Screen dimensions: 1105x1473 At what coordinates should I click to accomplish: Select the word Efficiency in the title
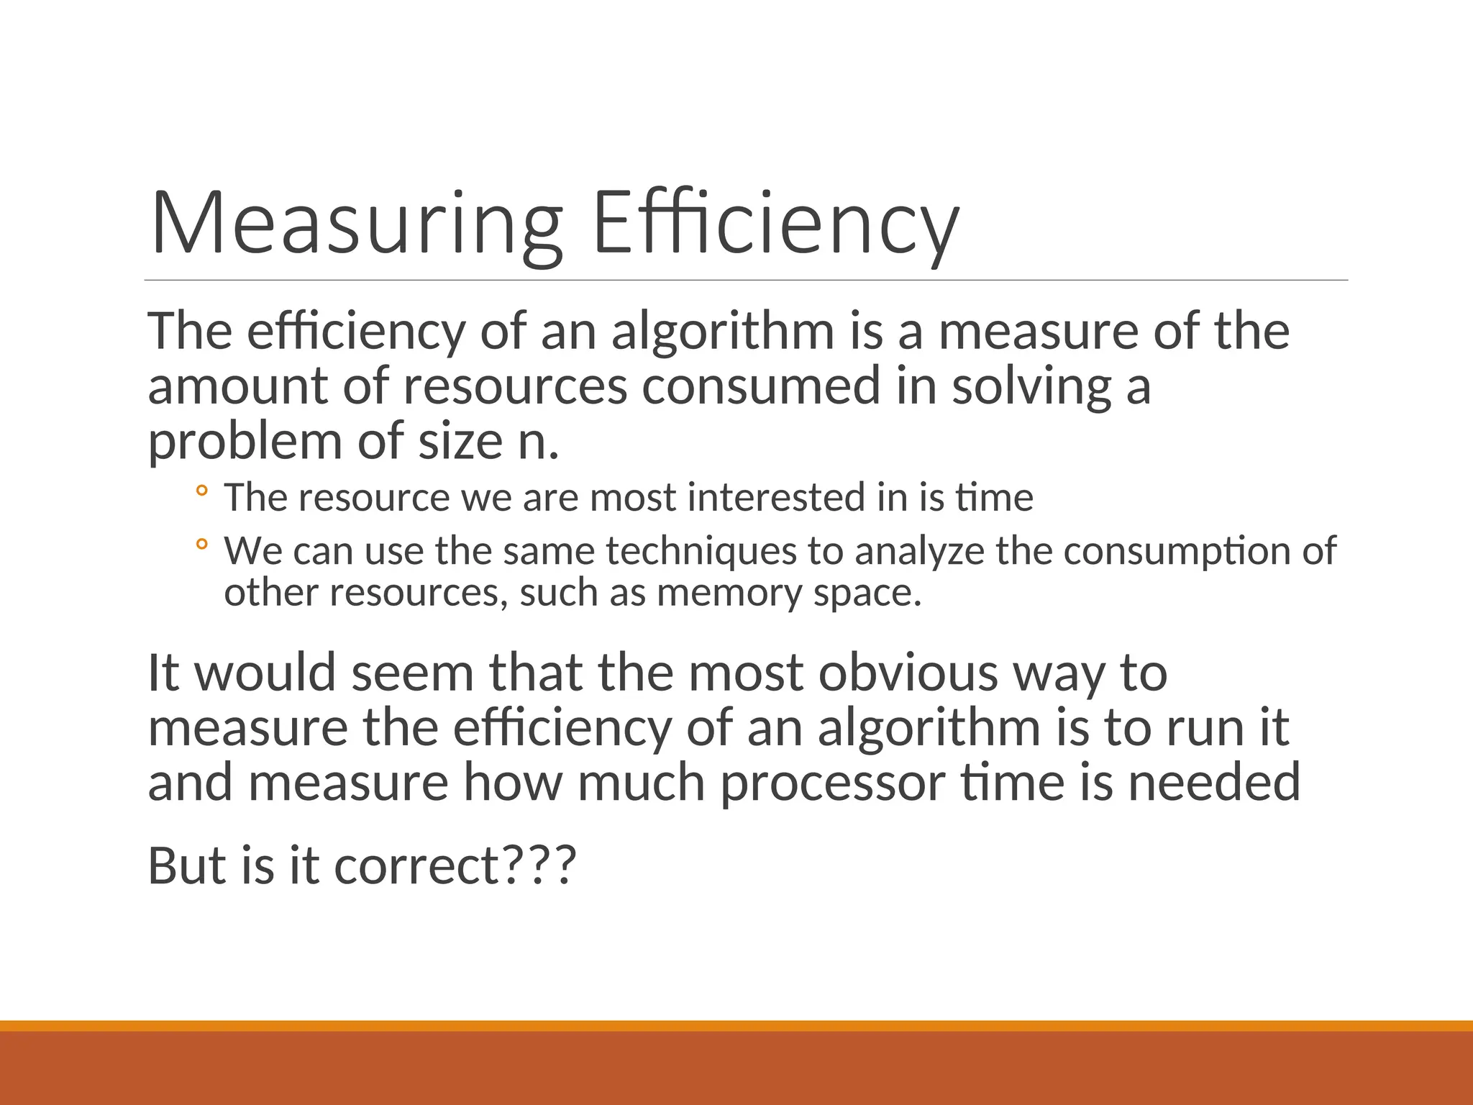(x=776, y=223)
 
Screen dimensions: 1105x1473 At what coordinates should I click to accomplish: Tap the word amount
(x=237, y=386)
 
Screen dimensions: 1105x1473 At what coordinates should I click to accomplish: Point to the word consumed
(x=761, y=386)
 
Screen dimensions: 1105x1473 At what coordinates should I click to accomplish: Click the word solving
(x=1031, y=386)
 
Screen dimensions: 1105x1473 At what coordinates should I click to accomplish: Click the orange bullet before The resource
(x=201, y=491)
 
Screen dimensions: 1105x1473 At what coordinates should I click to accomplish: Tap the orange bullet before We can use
(x=201, y=545)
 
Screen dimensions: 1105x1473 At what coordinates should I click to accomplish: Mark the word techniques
(x=701, y=551)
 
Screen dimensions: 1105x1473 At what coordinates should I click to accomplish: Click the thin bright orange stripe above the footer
(x=736, y=1026)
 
